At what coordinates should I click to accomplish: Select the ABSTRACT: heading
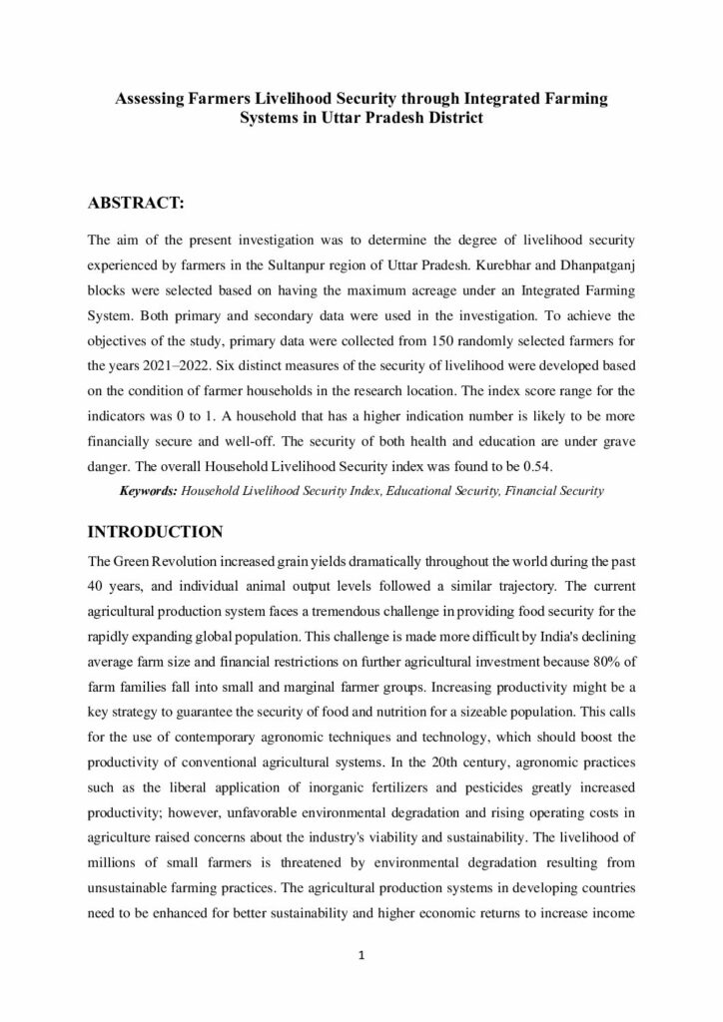pyautogui.click(x=136, y=203)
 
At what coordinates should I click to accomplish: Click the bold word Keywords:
pyautogui.click(x=149, y=491)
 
